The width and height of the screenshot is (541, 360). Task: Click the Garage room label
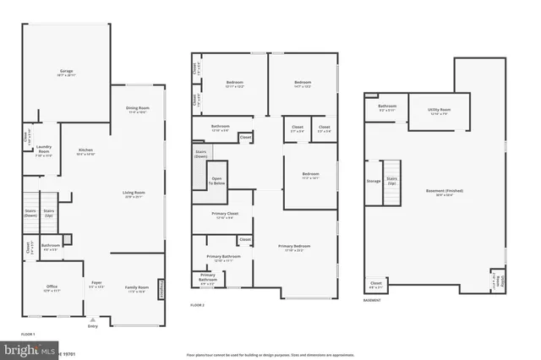(66, 74)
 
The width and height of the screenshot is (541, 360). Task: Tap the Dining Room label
(137, 109)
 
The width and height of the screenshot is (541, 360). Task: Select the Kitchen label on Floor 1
(86, 152)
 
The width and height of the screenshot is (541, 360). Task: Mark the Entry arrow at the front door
(92, 322)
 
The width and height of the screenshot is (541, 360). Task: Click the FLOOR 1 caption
(28, 335)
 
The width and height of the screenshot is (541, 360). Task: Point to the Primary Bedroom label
(295, 248)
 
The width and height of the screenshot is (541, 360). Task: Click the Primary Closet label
(221, 215)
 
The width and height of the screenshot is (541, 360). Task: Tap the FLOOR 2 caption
(198, 304)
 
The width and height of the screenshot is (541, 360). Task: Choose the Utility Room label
(439, 111)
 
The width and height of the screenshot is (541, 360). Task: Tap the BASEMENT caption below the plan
(372, 300)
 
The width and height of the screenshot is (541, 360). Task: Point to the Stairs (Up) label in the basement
(391, 181)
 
